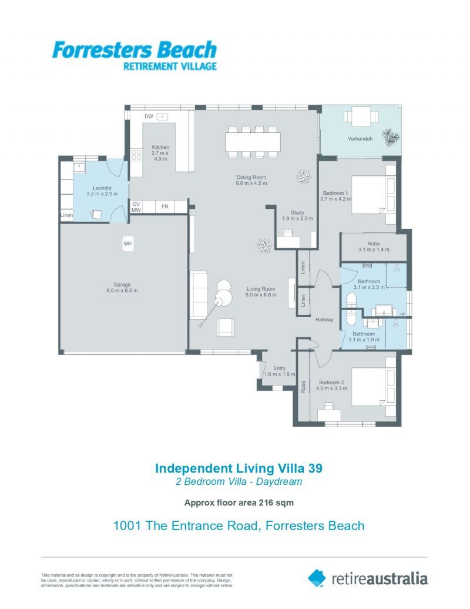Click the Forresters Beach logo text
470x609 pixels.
(134, 50)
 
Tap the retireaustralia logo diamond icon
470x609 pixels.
(317, 578)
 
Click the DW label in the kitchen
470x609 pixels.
(149, 117)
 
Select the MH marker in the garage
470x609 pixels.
(127, 243)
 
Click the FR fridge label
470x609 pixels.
(165, 207)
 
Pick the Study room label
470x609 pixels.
(298, 213)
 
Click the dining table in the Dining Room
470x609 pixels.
(253, 142)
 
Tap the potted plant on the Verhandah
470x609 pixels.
(390, 137)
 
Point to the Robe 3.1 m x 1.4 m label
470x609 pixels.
(374, 247)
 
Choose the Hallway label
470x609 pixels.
(324, 320)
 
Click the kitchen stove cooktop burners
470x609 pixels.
(136, 155)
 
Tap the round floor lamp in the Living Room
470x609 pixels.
(224, 292)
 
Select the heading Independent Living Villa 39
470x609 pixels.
(239, 468)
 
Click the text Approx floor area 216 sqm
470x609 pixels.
(239, 502)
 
